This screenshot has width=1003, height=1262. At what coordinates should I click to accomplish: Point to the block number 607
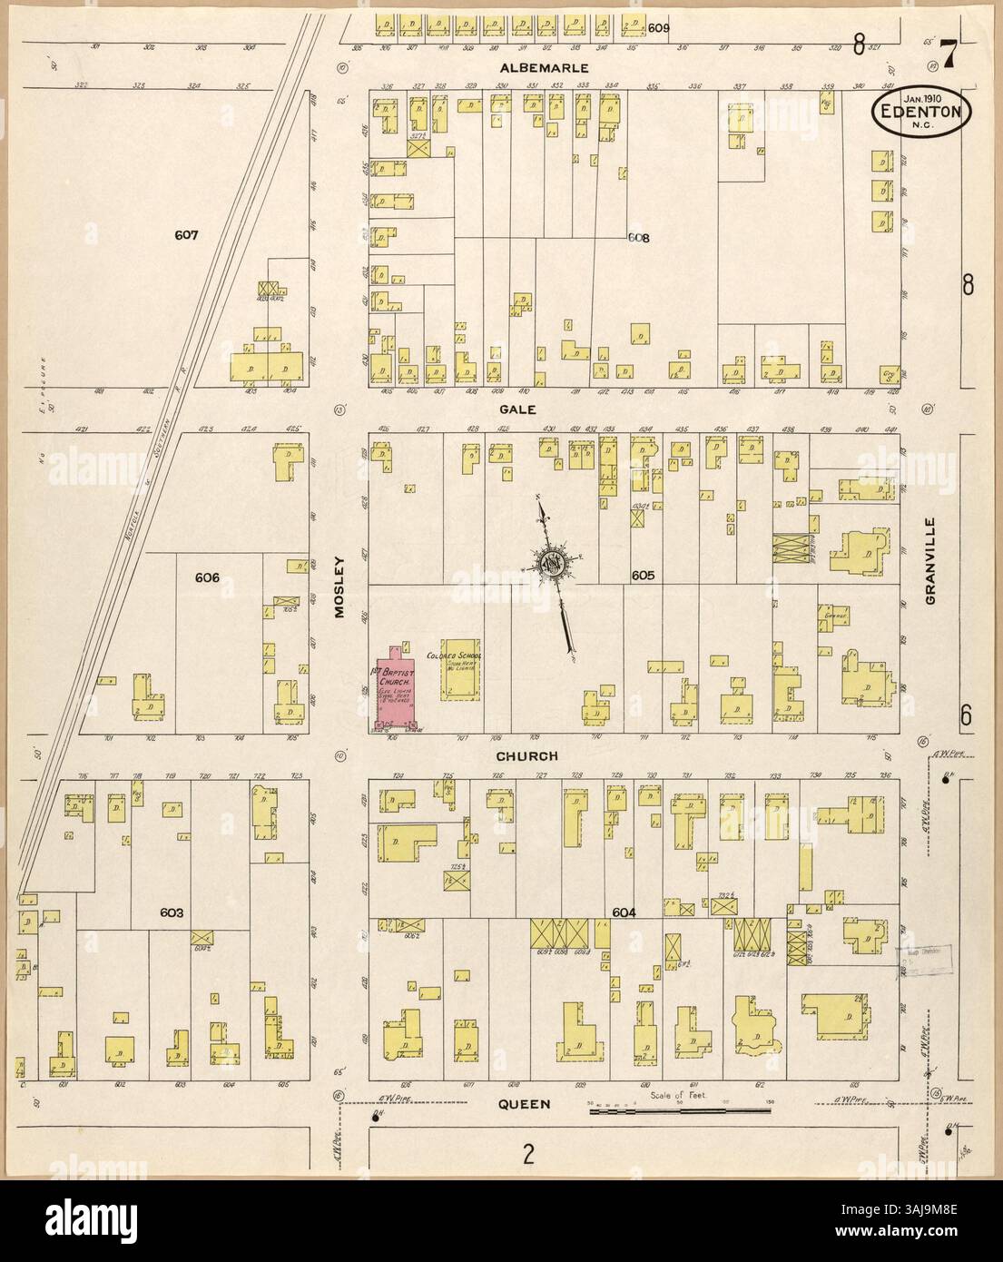pyautogui.click(x=186, y=235)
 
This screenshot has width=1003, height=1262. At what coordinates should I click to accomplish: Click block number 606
pyautogui.click(x=208, y=577)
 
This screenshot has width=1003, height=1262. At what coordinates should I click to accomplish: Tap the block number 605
pyautogui.click(x=643, y=576)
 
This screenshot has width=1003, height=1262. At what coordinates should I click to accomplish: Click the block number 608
pyautogui.click(x=640, y=239)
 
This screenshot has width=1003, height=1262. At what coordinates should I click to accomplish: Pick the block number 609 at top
pyautogui.click(x=659, y=28)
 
